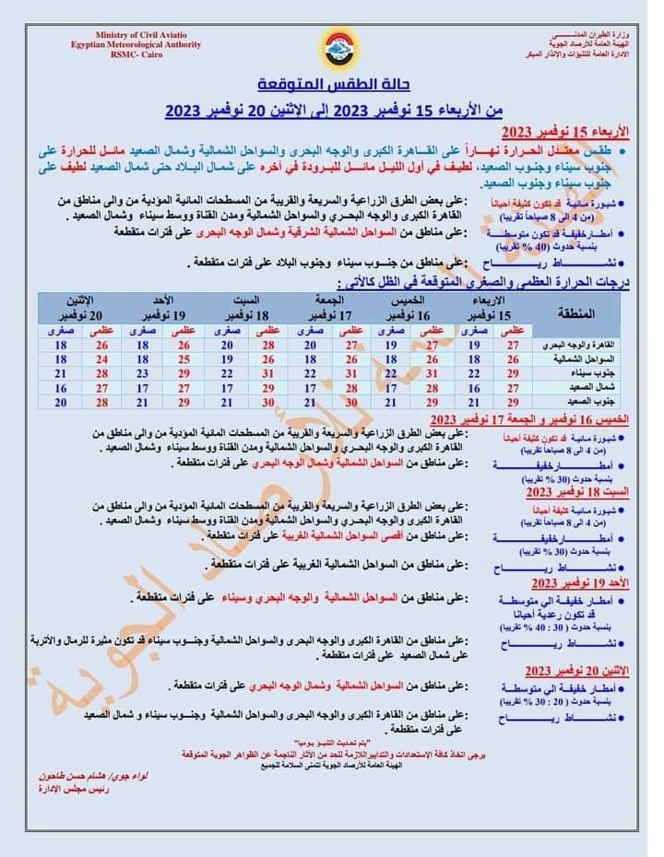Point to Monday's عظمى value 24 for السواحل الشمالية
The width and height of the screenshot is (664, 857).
101,359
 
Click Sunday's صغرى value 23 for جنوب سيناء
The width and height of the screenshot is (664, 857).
143,374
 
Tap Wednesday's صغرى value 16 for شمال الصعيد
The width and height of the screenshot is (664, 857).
473,388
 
